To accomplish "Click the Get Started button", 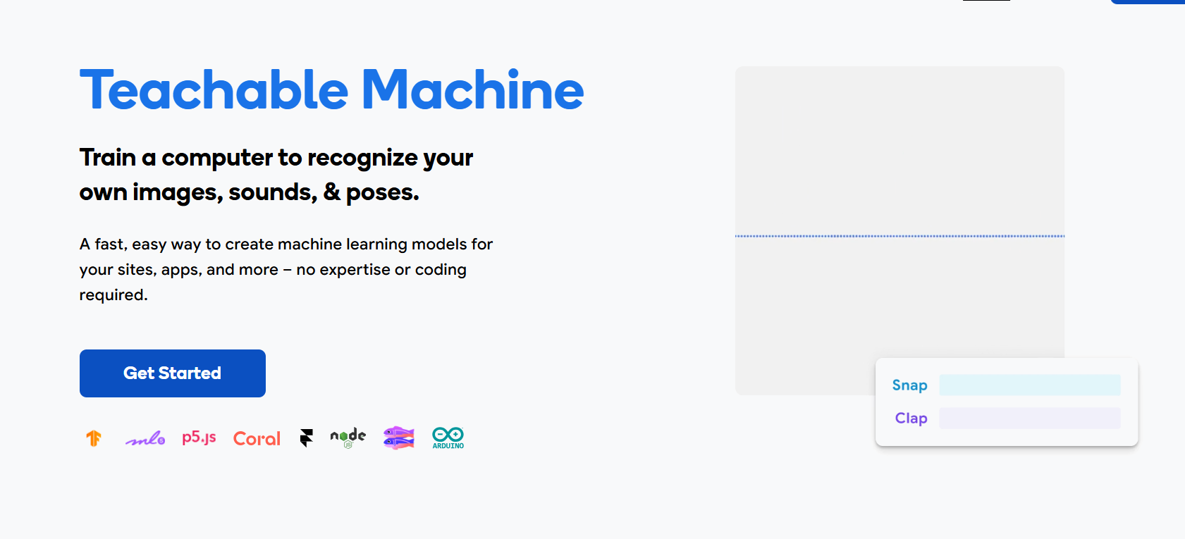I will pyautogui.click(x=172, y=373).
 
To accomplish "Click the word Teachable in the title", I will pyautogui.click(x=214, y=90).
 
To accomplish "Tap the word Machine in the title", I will pyautogui.click(x=472, y=90).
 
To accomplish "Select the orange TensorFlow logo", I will pyautogui.click(x=94, y=438).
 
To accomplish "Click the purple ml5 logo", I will pyautogui.click(x=145, y=438).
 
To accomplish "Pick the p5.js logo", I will pyautogui.click(x=199, y=438).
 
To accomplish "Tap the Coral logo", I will pyautogui.click(x=257, y=439).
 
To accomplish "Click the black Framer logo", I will pyautogui.click(x=306, y=438).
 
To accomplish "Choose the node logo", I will pyautogui.click(x=348, y=438).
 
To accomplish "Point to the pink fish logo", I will pyautogui.click(x=399, y=438).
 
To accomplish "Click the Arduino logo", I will pyautogui.click(x=448, y=438).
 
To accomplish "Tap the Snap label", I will pyautogui.click(x=909, y=385).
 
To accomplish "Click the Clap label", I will pyautogui.click(x=911, y=419).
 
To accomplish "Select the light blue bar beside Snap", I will pyautogui.click(x=1030, y=385).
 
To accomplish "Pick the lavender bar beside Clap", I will pyautogui.click(x=1030, y=418).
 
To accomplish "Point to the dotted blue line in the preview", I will pyautogui.click(x=900, y=236).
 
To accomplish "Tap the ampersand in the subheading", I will pyautogui.click(x=331, y=192).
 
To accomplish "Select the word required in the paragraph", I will pyautogui.click(x=113, y=295).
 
